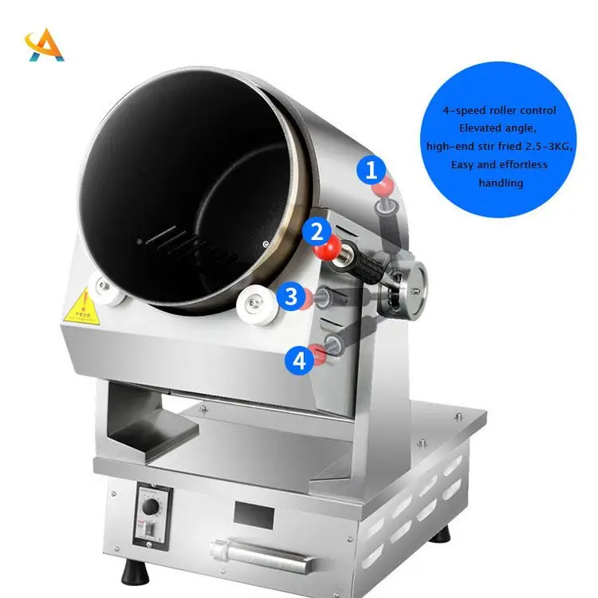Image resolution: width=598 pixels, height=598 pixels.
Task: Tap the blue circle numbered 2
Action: [x=317, y=232]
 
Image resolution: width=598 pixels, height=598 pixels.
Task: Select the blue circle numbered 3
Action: [x=291, y=297]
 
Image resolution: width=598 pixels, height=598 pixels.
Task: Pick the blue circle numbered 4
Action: [x=299, y=360]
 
